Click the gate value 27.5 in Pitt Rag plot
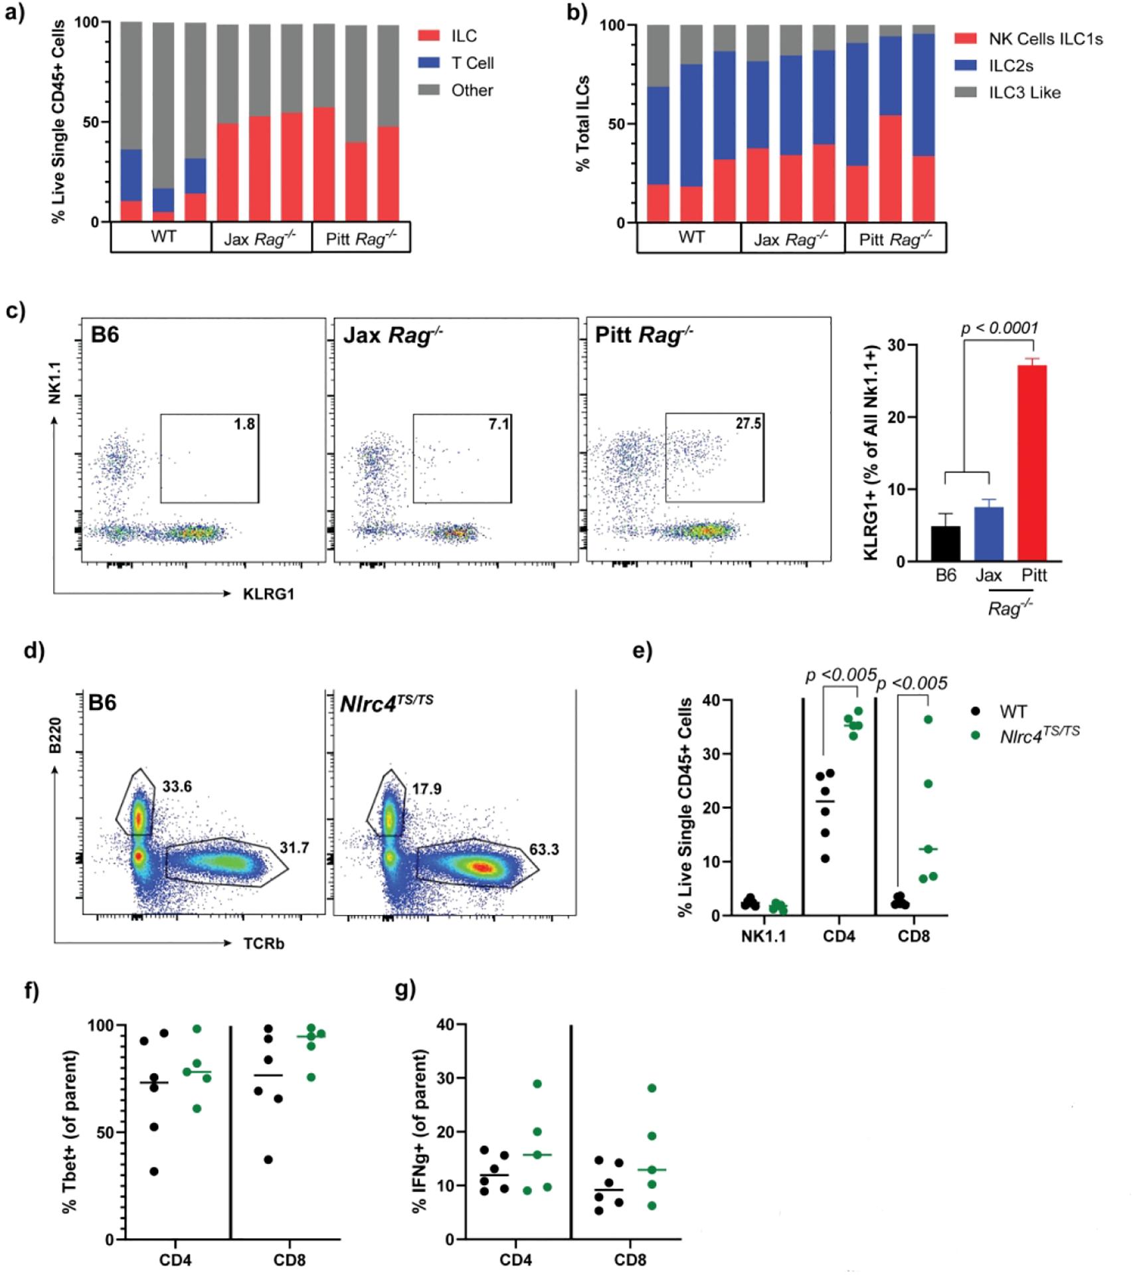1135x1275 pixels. tap(748, 424)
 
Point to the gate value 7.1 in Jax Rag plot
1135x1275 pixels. tap(499, 424)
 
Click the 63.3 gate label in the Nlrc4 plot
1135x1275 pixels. tap(544, 849)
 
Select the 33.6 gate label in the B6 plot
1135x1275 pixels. tap(177, 786)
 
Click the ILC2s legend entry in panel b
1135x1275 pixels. tap(1010, 66)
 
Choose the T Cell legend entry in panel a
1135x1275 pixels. tap(472, 63)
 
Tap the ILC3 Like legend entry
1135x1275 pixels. tap(1023, 93)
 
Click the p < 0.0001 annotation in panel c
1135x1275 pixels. tap(1000, 327)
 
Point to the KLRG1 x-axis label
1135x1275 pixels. tap(268, 594)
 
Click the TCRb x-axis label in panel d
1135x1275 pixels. tap(264, 944)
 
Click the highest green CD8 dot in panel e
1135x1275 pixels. tap(928, 719)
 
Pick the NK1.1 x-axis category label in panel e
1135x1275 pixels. tap(764, 936)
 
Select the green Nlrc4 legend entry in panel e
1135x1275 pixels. tap(1039, 735)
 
